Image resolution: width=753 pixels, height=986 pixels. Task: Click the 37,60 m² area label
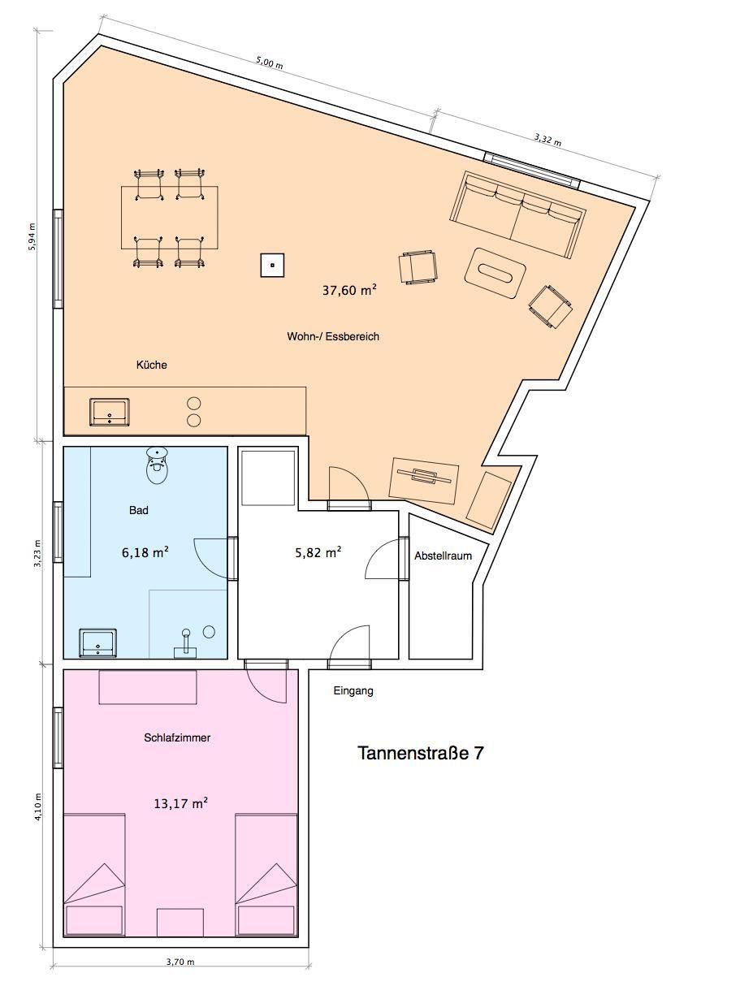tap(349, 290)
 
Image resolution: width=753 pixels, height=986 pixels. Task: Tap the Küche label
tap(151, 365)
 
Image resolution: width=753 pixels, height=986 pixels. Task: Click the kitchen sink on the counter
tap(109, 412)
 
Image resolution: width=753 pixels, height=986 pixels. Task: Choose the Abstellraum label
tap(443, 556)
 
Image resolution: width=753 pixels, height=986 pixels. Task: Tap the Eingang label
tap(353, 690)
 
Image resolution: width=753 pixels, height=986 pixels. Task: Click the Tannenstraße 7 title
tap(420, 753)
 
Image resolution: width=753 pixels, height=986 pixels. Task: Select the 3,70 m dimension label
tap(180, 962)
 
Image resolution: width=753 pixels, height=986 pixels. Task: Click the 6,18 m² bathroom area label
tap(145, 551)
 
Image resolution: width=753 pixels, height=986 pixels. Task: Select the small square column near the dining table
tap(272, 265)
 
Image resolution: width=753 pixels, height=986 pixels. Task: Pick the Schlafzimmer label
tap(177, 737)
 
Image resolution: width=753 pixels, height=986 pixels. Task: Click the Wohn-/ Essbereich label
tap(333, 336)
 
